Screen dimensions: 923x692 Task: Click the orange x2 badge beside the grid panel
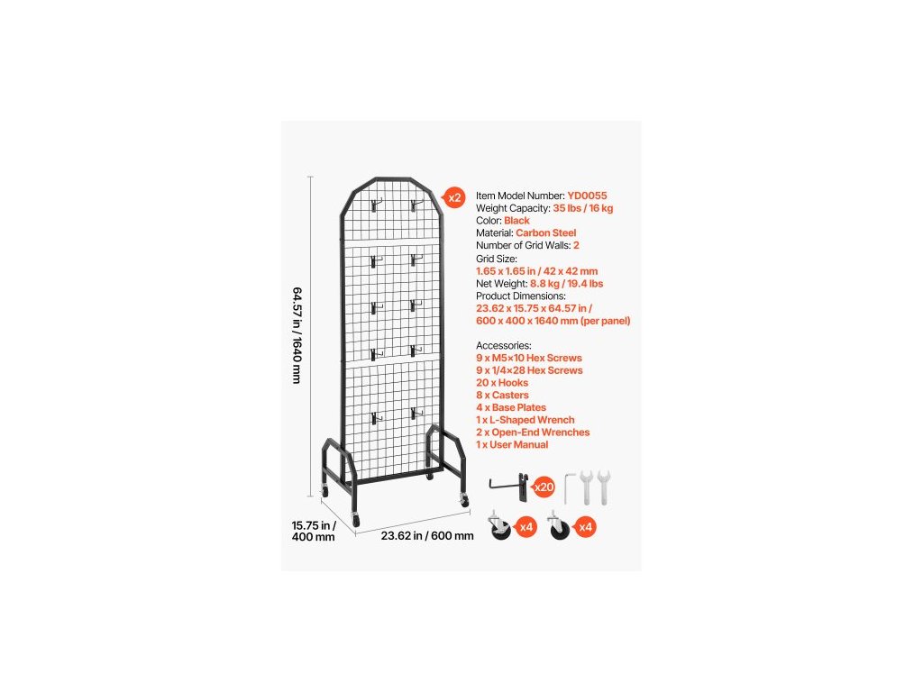tap(454, 197)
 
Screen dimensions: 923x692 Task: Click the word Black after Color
tap(516, 221)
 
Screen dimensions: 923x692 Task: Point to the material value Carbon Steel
tap(546, 233)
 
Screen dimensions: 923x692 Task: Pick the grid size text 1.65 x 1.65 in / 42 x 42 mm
tap(536, 270)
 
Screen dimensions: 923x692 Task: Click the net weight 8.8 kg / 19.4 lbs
tap(567, 283)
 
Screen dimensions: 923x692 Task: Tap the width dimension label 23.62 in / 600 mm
tap(426, 535)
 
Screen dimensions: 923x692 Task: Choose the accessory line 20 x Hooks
tap(502, 383)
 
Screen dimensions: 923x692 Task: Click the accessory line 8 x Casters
tap(502, 396)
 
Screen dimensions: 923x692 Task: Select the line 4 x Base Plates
tap(511, 408)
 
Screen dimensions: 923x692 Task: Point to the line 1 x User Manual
tap(512, 445)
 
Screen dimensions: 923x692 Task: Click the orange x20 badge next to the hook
tap(544, 487)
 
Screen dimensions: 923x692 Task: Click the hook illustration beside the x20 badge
tap(511, 485)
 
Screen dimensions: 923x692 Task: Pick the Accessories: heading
tap(504, 345)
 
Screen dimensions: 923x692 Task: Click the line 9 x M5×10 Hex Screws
tap(529, 358)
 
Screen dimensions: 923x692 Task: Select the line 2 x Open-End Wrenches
tap(533, 432)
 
